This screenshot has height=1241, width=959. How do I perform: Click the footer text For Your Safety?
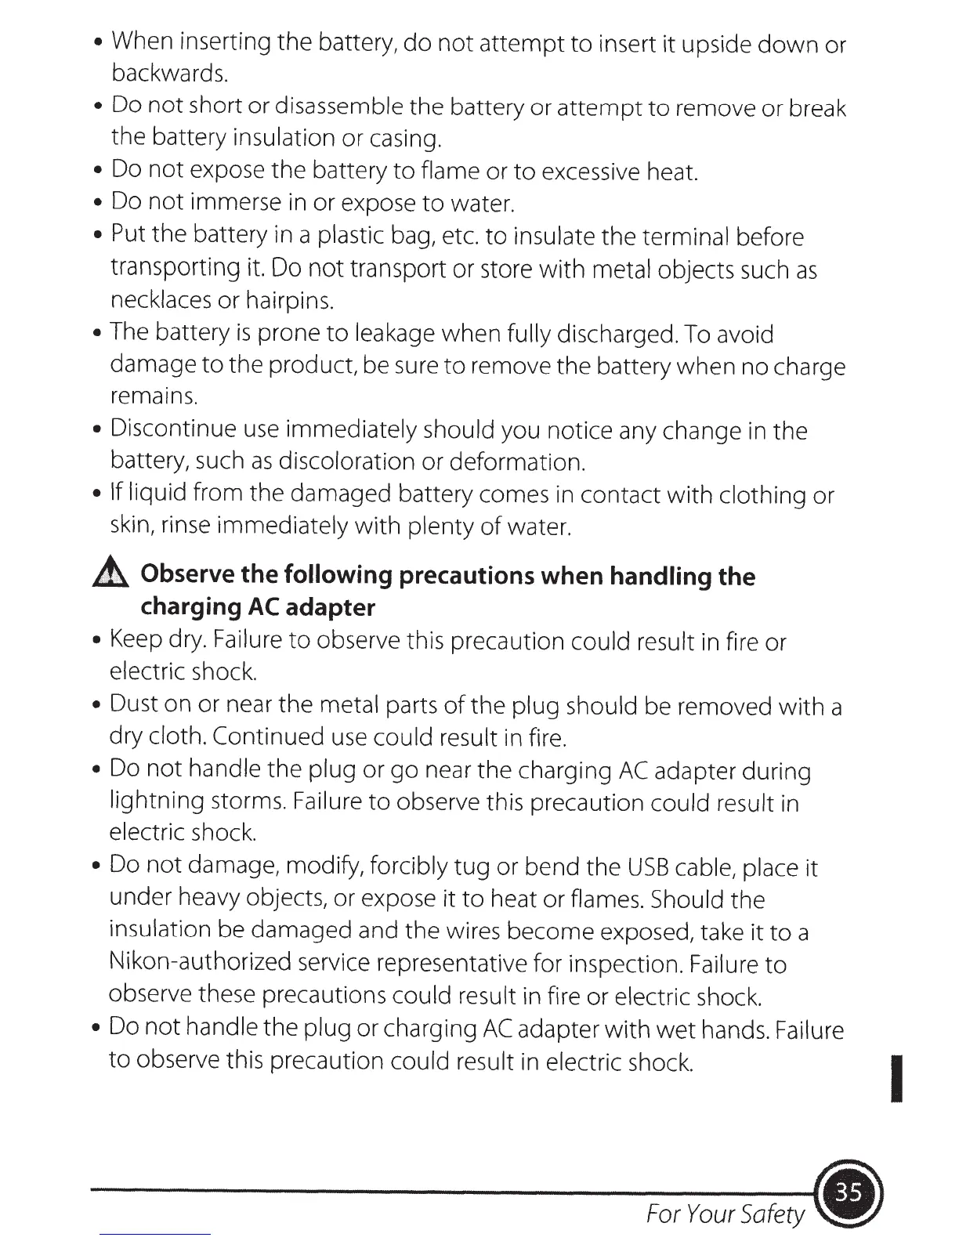[725, 1214]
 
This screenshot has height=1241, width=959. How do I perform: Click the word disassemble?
[339, 107]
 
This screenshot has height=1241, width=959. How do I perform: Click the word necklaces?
[161, 301]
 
